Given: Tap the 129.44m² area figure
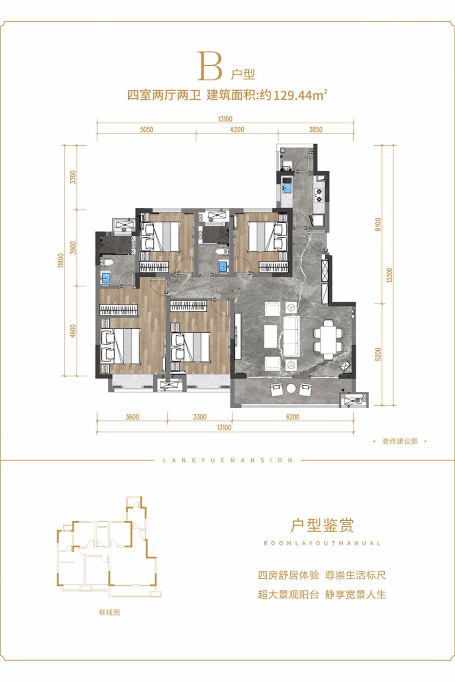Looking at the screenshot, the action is click(300, 95).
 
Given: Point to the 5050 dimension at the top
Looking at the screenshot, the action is click(146, 130).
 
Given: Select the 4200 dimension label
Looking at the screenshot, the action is click(237, 130).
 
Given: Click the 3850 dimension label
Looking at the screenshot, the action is click(316, 130).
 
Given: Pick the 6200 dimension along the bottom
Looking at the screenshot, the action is click(293, 417).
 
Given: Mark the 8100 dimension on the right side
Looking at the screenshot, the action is click(378, 225).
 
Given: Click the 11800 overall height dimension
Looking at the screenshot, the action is click(61, 260).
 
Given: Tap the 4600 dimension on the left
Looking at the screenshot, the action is click(73, 331).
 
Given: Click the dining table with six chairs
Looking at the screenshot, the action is click(328, 340).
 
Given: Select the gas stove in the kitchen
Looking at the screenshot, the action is click(318, 195).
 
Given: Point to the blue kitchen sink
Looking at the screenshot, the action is click(287, 186).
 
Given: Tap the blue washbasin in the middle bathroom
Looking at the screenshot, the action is click(224, 266).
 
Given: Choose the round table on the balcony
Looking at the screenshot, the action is click(291, 389).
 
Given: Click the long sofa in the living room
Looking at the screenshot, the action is click(291, 336).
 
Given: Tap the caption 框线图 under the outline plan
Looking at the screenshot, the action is click(109, 612).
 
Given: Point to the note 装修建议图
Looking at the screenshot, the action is click(400, 441).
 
